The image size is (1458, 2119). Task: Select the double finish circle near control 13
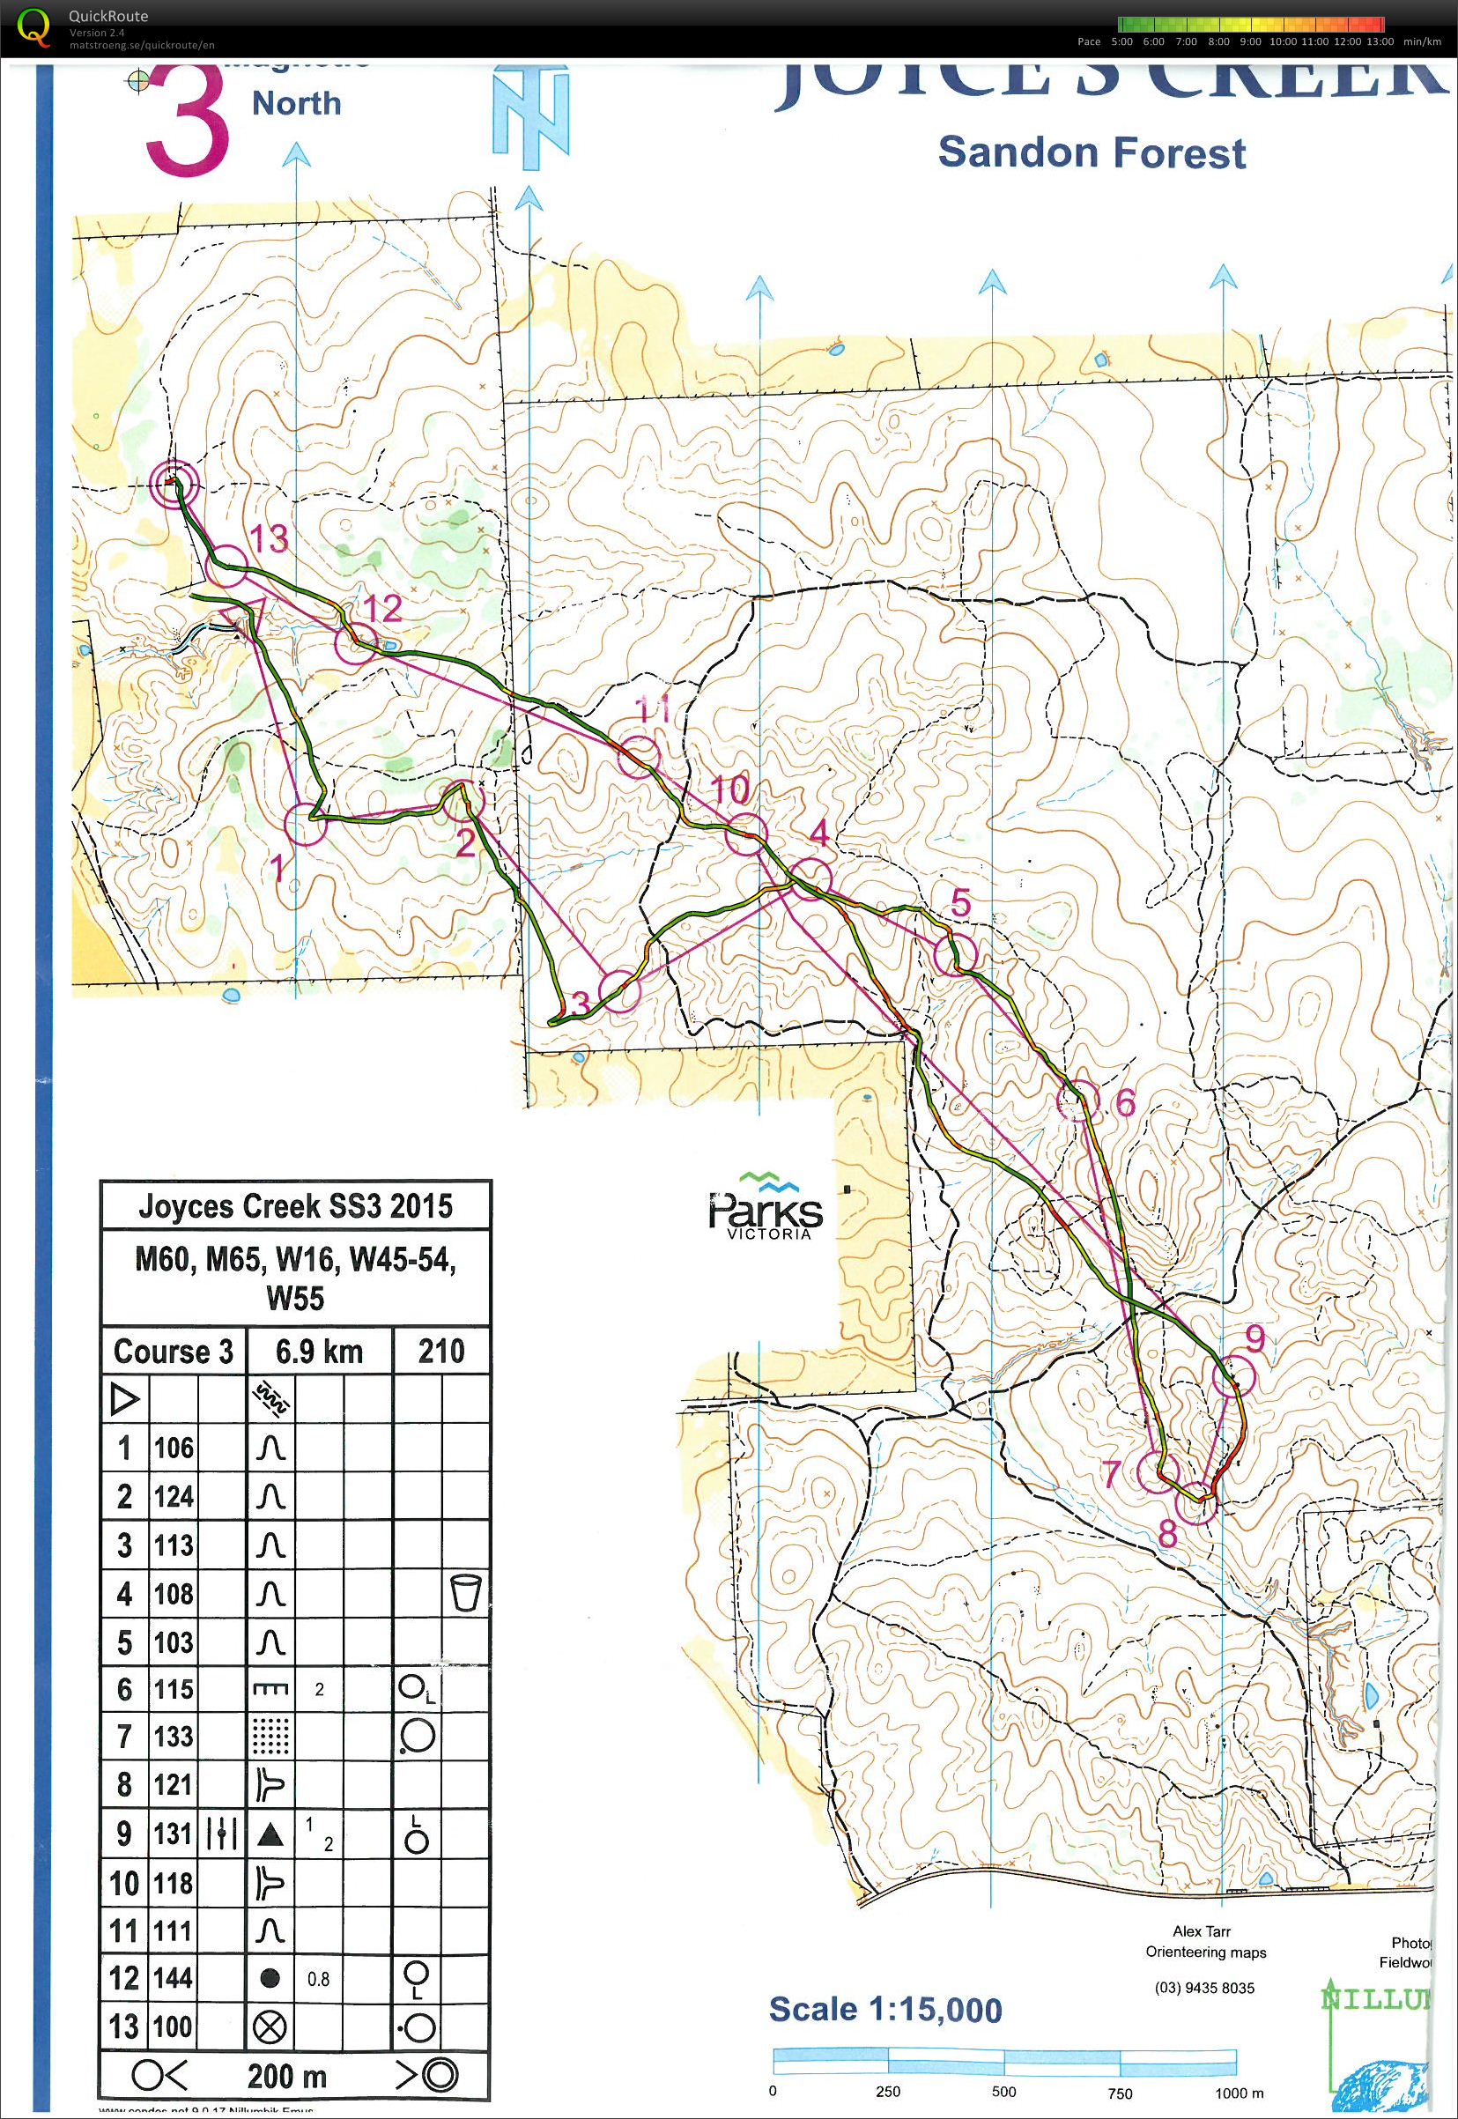tap(174, 484)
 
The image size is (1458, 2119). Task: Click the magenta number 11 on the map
tap(653, 709)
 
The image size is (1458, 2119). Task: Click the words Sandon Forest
tap(1092, 152)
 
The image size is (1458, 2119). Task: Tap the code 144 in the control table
tap(173, 1978)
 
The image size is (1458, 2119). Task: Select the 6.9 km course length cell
tap(319, 1351)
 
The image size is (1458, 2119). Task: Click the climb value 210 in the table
tap(441, 1351)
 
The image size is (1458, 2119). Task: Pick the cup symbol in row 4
tap(465, 1594)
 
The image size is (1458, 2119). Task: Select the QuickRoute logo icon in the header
tap(34, 27)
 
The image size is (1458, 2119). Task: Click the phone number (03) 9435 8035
tap(1205, 1988)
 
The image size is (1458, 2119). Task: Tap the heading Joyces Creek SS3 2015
tap(295, 1206)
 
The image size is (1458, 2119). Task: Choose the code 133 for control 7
tap(173, 1736)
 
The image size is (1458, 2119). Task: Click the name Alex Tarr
tap(1202, 1930)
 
